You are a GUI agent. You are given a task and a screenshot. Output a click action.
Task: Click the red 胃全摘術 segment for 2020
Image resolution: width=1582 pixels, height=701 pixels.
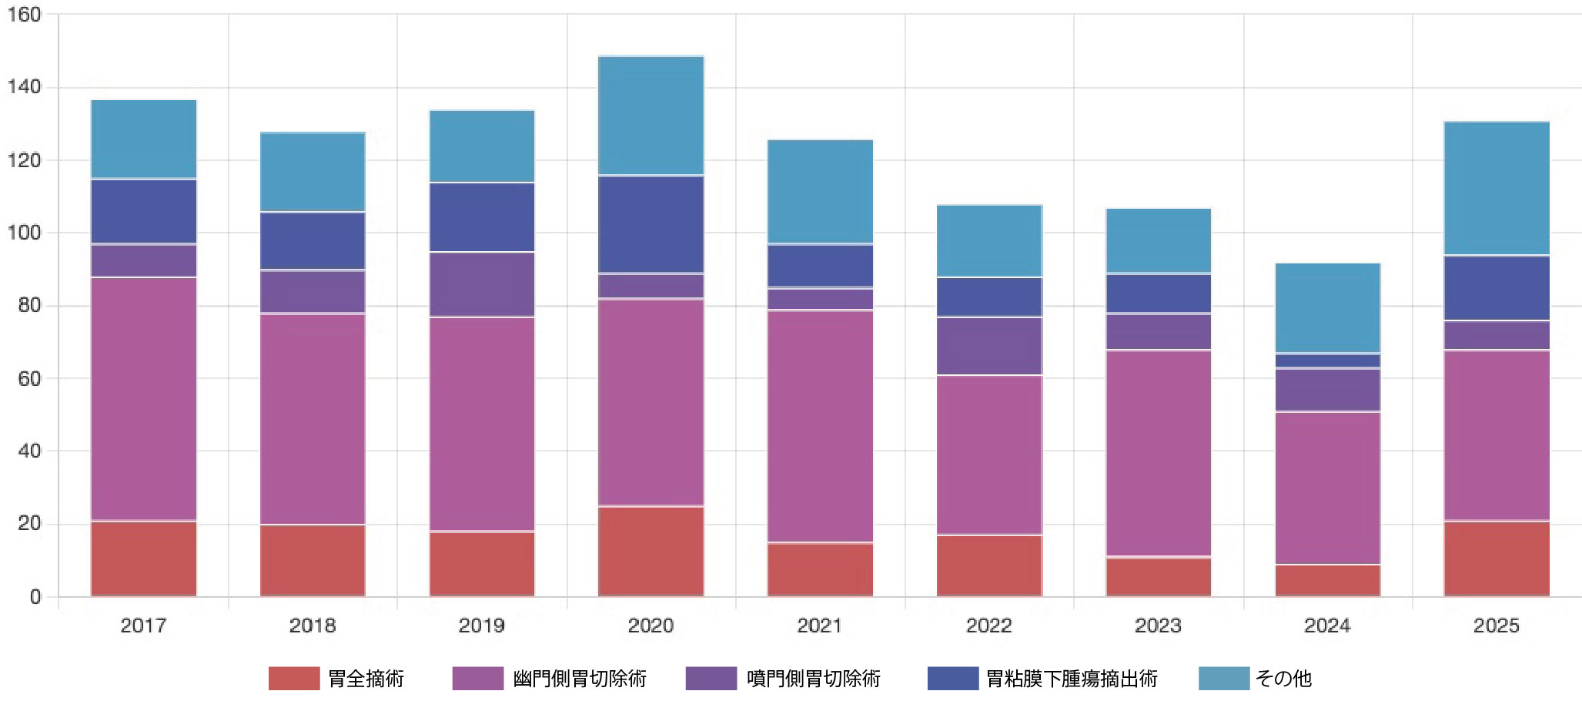(x=651, y=551)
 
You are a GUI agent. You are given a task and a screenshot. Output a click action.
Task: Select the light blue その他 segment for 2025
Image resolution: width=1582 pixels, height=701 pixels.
(x=1497, y=188)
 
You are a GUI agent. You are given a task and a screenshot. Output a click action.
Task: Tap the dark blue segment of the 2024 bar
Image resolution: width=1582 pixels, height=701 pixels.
(x=1327, y=361)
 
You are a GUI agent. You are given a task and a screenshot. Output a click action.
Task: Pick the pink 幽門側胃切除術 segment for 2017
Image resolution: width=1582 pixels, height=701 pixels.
(x=143, y=398)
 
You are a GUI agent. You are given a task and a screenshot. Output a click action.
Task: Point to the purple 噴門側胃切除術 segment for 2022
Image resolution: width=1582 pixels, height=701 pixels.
(x=989, y=346)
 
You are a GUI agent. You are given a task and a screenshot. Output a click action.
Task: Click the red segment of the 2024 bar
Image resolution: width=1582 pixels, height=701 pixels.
(x=1327, y=580)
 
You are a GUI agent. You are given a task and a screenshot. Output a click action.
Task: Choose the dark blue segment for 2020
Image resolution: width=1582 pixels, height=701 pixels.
(x=651, y=224)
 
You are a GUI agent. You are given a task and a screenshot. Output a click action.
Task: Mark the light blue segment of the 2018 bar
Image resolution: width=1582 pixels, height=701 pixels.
(x=313, y=172)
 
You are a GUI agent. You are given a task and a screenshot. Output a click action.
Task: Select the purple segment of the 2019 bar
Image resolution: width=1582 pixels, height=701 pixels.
(x=482, y=284)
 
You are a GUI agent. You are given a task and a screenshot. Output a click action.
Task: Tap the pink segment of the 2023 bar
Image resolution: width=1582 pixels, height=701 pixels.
(x=1158, y=453)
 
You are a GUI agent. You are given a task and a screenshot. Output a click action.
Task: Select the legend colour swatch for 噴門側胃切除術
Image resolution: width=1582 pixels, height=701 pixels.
(x=711, y=679)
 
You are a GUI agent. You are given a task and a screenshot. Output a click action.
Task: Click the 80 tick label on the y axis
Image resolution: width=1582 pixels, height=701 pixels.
(x=29, y=305)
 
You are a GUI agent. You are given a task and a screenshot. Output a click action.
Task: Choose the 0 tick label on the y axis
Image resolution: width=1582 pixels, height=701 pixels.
(x=35, y=596)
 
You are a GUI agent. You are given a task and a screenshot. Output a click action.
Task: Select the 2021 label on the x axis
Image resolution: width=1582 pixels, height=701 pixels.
(x=820, y=626)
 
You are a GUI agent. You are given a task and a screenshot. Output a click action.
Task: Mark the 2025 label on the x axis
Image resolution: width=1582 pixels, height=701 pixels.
(x=1497, y=626)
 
